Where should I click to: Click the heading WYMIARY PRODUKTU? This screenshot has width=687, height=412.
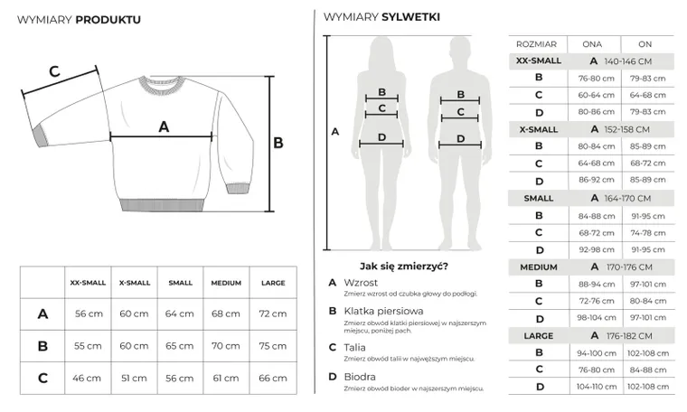coord(79,19)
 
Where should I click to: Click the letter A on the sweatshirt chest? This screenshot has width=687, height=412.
coord(164,127)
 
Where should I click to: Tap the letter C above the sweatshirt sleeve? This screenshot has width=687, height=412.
coord(53,72)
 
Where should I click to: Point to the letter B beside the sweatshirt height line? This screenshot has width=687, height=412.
coord(278,143)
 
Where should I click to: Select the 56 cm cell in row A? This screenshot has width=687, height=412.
coord(88,314)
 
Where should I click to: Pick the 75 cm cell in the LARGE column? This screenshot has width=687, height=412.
coord(272,345)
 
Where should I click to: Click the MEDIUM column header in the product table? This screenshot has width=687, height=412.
coord(226,283)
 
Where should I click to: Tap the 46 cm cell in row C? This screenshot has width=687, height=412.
coord(88,377)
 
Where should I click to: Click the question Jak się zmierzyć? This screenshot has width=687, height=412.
coord(404,266)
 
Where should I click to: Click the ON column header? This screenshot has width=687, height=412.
coord(645,43)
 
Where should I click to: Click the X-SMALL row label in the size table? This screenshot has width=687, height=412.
coord(538,129)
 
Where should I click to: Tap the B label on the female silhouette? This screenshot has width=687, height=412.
coord(381,92)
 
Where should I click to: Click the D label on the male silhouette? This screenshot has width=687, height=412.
coord(461,138)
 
